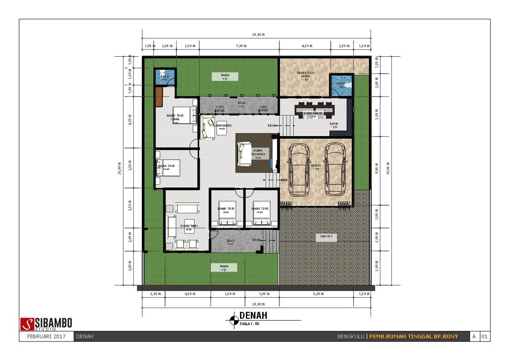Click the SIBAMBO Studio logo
coord(46,324)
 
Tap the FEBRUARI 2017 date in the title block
coord(46,336)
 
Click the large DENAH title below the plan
coord(253,316)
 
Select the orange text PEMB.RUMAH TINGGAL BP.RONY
coord(413,336)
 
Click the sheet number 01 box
coord(485,336)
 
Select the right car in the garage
coord(335,169)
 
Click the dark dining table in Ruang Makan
coord(313,110)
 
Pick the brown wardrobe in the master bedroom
coord(159,96)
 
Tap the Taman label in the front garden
coord(224,268)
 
